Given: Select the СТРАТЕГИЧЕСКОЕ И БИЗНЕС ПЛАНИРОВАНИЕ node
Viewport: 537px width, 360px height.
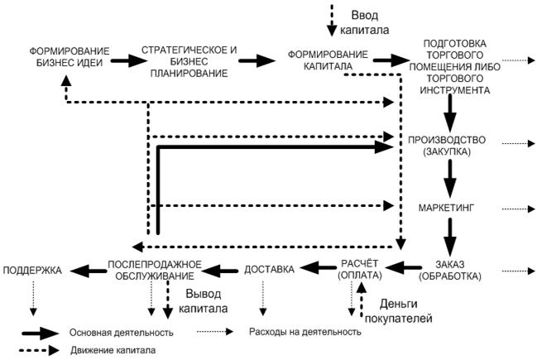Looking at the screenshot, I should click(189, 62).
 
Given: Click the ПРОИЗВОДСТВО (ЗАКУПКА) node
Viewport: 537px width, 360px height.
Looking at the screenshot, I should click(446, 146).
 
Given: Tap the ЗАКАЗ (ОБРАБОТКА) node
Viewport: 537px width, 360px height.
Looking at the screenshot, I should click(450, 270).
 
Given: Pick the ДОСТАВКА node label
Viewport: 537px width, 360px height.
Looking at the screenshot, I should click(270, 268).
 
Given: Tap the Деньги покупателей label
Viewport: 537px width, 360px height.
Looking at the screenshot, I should click(405, 310).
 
